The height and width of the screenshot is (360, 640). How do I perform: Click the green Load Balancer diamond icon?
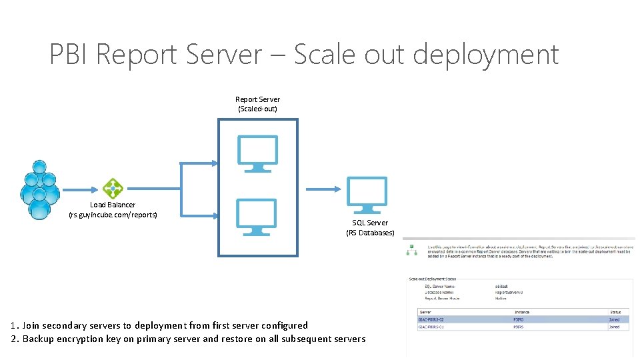pos(113,189)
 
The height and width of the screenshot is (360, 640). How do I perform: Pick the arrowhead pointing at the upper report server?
pos(213,163)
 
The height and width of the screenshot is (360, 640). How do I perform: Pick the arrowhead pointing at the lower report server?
pos(213,215)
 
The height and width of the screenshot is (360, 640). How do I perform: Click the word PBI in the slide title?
pos(69,55)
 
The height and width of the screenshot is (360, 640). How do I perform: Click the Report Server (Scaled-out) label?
pos(257,104)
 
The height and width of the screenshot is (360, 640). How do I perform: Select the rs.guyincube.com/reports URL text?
pos(113,215)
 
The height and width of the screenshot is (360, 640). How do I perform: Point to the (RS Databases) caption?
pos(370,233)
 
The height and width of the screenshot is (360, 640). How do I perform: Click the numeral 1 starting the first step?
pos(13,325)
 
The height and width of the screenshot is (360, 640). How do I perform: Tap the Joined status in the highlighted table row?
pos(613,319)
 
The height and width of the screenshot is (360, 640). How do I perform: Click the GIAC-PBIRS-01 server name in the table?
pos(431,327)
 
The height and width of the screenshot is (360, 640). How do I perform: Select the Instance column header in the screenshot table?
pos(521,311)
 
